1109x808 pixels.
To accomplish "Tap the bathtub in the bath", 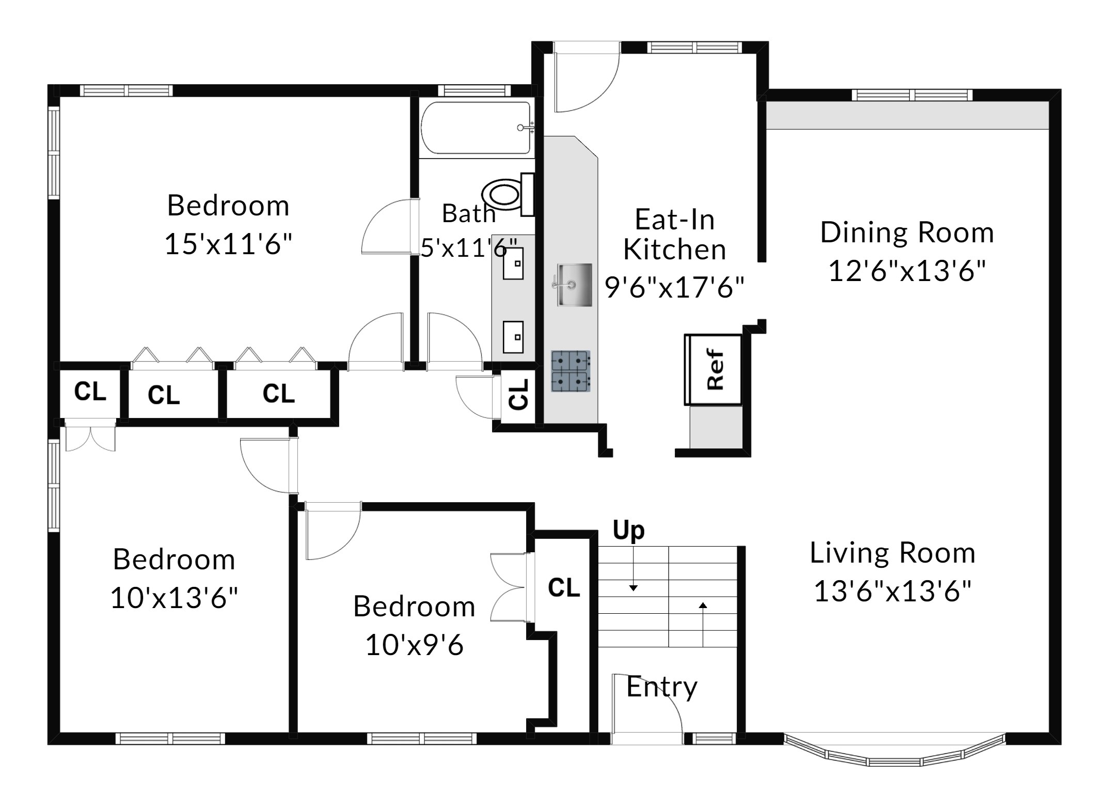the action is point(476,128).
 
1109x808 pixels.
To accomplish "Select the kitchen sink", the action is point(574,285).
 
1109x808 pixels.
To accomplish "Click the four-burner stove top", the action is point(571,371).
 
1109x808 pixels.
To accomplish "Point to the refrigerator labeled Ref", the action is point(713,369).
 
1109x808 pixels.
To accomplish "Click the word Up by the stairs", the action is point(628,531).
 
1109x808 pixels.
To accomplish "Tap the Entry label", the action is point(662,688).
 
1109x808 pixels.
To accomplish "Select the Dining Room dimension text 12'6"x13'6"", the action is point(907,270).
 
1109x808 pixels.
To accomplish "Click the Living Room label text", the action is point(893,553).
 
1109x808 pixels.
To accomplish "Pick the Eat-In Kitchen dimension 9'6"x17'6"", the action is point(675,287).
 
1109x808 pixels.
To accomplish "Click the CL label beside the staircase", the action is point(564,588).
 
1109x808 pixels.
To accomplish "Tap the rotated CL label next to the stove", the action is point(518,395).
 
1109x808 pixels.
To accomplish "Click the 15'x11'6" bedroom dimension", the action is point(228,243).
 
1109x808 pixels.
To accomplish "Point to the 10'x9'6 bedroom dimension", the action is point(415,645).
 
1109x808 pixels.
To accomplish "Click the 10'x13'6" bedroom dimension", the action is point(174,598).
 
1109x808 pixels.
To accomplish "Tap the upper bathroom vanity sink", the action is point(513,263).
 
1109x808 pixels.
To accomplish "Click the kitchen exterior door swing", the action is point(587,77).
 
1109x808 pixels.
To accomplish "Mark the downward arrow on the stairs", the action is point(633,569).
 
